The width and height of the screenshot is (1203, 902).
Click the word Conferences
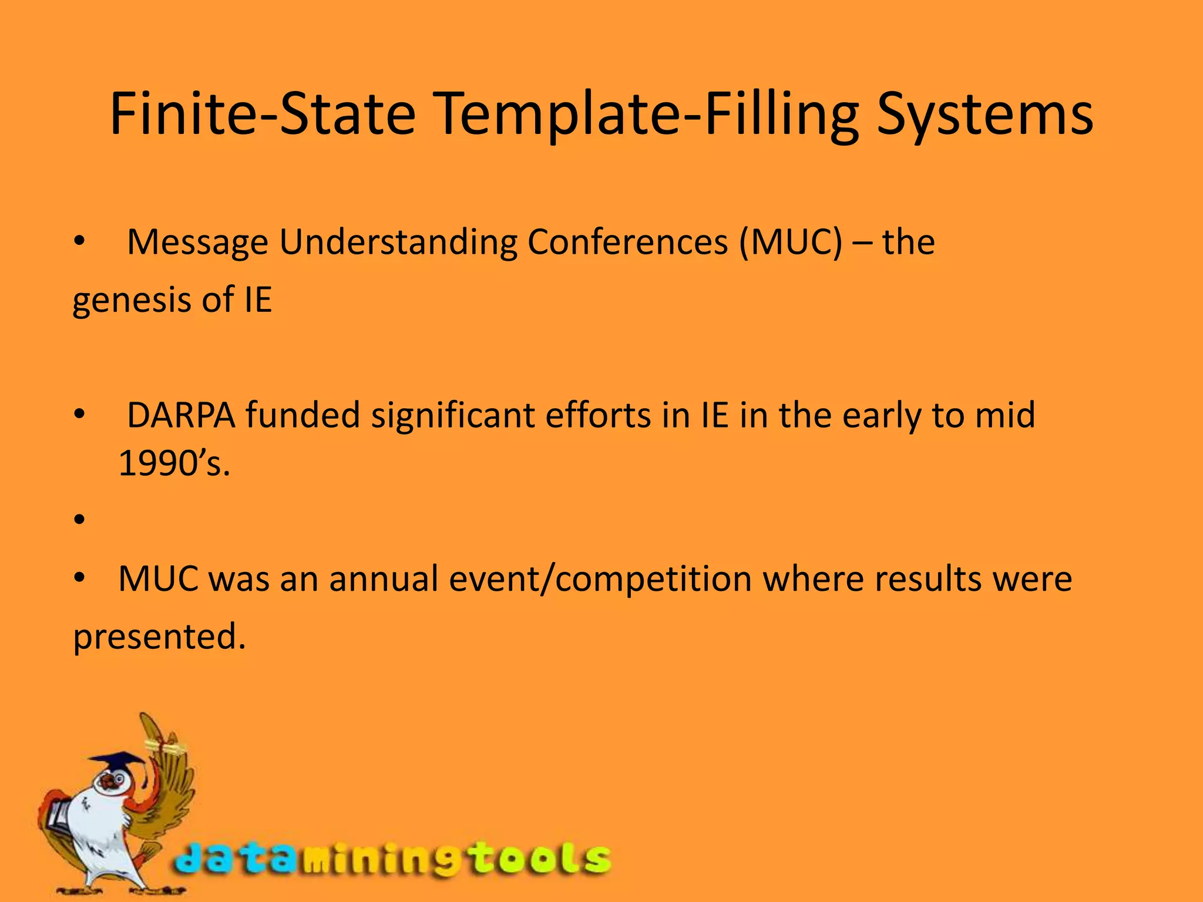627,242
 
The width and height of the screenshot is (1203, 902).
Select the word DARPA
181,415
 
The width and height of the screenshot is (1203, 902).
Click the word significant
452,415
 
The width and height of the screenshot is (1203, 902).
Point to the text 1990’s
174,464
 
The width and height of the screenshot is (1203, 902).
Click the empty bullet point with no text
80,519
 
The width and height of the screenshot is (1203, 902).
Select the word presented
159,637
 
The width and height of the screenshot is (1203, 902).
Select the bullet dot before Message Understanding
80,242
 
